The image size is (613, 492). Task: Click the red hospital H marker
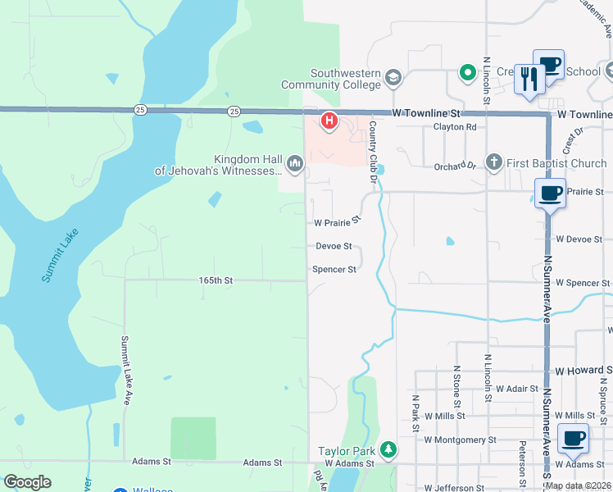[329, 121]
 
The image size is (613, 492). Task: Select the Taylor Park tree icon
[388, 450]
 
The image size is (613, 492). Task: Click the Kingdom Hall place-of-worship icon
[295, 165]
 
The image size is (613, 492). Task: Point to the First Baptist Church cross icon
[493, 162]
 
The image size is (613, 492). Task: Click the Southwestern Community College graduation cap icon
[393, 77]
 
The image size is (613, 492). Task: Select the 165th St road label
[216, 280]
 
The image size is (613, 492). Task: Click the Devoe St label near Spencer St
[334, 246]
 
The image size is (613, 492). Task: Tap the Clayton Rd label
[455, 127]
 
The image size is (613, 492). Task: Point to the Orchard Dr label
[455, 166]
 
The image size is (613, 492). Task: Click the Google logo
[27, 482]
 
